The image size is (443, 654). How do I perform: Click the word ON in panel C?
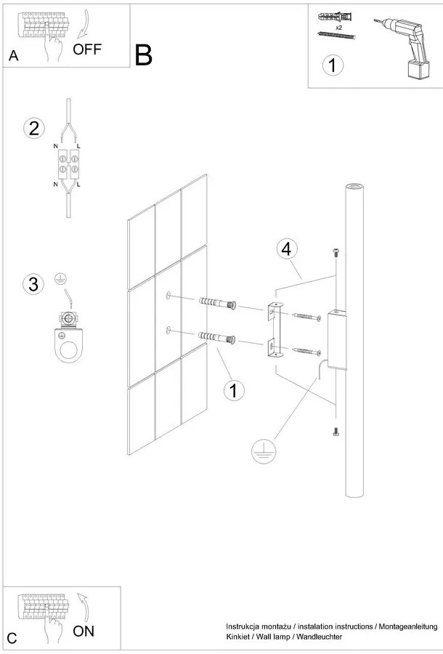point(84,631)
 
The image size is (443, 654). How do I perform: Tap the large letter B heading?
point(143,55)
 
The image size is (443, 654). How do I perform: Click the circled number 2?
point(33,129)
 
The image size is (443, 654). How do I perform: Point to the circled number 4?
point(286,249)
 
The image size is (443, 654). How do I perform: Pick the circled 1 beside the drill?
point(332,65)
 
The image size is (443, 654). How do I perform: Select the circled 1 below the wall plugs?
point(233,390)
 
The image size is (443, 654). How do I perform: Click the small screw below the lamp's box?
point(336,432)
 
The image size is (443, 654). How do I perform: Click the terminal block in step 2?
point(69,166)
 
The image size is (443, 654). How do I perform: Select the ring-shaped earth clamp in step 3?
point(70,342)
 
